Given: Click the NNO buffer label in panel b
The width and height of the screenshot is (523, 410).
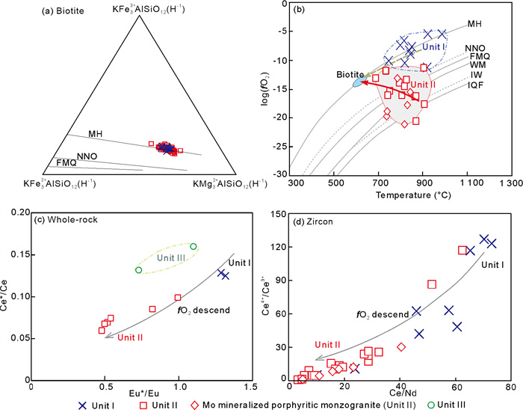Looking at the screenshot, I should click(x=474, y=49).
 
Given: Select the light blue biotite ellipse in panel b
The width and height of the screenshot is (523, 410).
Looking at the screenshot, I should click(x=359, y=82).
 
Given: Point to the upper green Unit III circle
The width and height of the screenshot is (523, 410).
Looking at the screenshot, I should click(x=194, y=246).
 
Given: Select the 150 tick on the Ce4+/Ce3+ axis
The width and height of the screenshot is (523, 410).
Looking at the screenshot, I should click(x=277, y=215).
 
